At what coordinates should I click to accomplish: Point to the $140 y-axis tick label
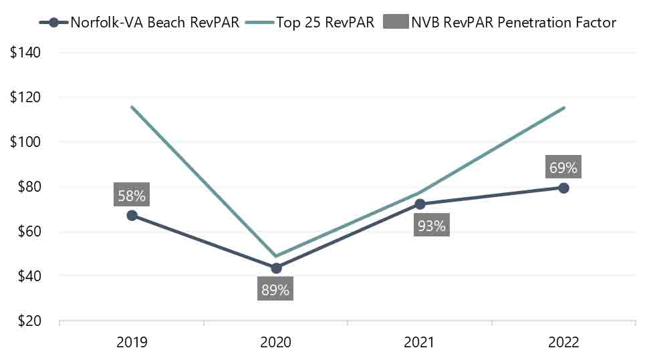(x=25, y=53)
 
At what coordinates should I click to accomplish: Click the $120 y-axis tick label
(x=25, y=98)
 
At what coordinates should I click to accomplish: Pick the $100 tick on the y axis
(x=25, y=142)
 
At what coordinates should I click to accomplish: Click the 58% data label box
(x=132, y=196)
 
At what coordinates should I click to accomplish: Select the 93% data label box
(x=431, y=226)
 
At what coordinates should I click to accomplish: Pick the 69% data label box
(x=563, y=168)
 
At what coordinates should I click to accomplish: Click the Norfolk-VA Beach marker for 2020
(x=276, y=268)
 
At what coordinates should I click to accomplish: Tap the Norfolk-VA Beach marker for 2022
(x=563, y=188)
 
